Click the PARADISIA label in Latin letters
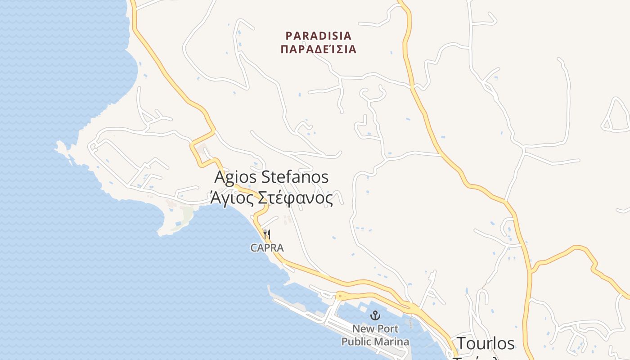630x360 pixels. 319,35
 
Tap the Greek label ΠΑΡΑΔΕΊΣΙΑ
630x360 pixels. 319,49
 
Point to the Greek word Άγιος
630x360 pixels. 228,198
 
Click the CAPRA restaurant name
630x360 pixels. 267,248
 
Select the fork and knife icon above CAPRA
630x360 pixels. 267,234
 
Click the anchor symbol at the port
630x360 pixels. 375,315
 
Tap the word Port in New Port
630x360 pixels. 387,328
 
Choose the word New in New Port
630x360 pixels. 363,328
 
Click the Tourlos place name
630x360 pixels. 485,343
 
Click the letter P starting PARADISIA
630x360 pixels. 289,35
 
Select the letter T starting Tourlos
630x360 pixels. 462,343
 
